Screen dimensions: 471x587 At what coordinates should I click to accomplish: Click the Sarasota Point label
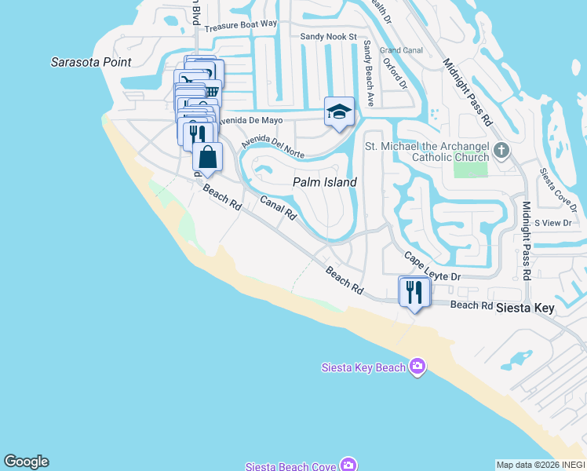(x=91, y=62)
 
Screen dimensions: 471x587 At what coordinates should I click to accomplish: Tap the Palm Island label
(x=325, y=182)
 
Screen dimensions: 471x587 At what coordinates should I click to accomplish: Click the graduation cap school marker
(x=339, y=111)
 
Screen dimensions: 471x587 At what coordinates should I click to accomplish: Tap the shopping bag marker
(x=208, y=157)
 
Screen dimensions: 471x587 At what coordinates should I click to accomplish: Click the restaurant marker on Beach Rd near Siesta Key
(x=414, y=292)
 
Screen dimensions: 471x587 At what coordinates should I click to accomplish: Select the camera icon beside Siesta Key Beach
(x=417, y=367)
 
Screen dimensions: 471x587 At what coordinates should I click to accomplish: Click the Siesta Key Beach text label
(x=364, y=367)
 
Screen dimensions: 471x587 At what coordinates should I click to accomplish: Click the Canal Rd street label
(x=278, y=208)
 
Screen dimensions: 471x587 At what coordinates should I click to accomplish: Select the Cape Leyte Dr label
(x=432, y=267)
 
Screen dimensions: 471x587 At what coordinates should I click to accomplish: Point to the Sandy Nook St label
(x=328, y=37)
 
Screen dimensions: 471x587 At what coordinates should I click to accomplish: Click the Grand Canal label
(x=401, y=49)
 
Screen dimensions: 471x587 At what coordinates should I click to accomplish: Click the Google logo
(x=26, y=462)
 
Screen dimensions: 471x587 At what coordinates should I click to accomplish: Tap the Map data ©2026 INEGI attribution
(x=541, y=465)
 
